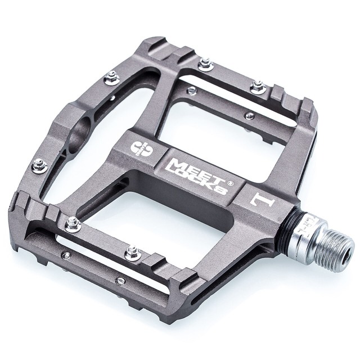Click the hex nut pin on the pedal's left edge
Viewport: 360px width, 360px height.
pyautogui.click(x=39, y=165)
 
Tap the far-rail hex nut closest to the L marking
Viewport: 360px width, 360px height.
pyautogui.click(x=258, y=86)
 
